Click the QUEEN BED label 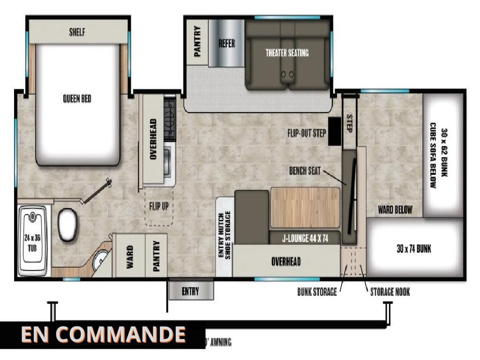77,98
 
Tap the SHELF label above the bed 77,33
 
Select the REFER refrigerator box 226,44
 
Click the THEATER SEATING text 287,53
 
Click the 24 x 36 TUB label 32,241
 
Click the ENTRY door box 190,292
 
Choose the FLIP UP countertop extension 158,206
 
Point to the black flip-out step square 334,131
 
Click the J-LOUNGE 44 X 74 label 305,239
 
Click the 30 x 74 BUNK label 413,249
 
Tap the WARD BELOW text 395,210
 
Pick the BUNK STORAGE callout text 317,292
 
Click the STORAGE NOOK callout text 390,292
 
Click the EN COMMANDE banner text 103,334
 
